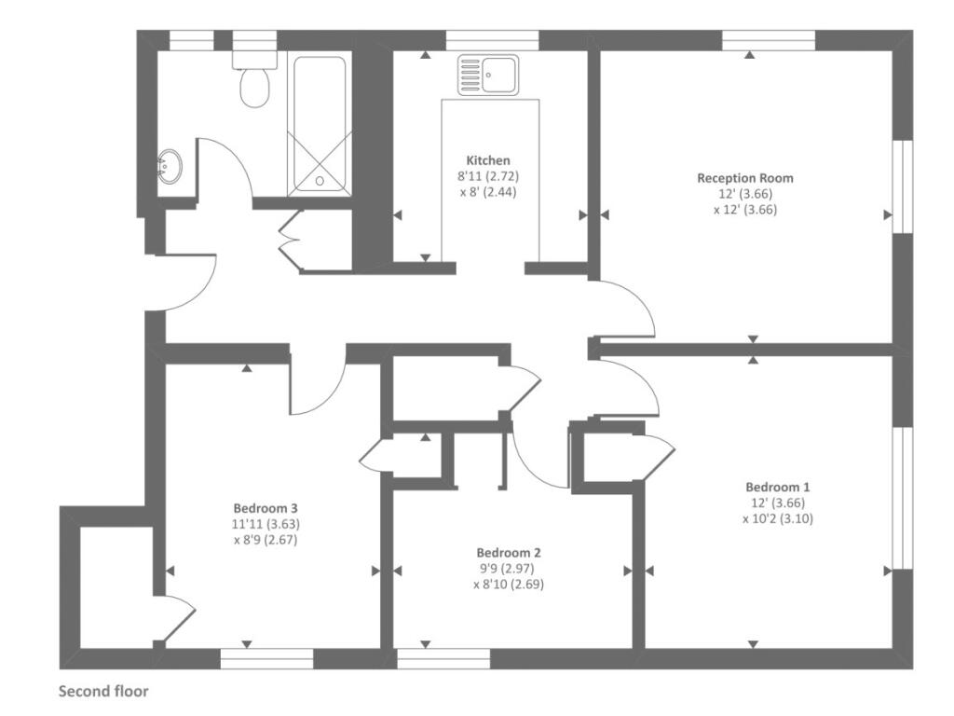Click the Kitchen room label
pos(488,160)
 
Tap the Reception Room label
pos(745,177)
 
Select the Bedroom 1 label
pos(778,487)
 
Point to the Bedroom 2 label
pos(508,552)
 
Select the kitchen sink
pos(487,75)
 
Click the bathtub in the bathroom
pos(320,126)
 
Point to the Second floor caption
pos(103,692)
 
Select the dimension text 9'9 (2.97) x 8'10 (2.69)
pos(508,577)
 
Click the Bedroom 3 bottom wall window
pos(266,658)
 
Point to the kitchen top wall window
pos(492,40)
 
